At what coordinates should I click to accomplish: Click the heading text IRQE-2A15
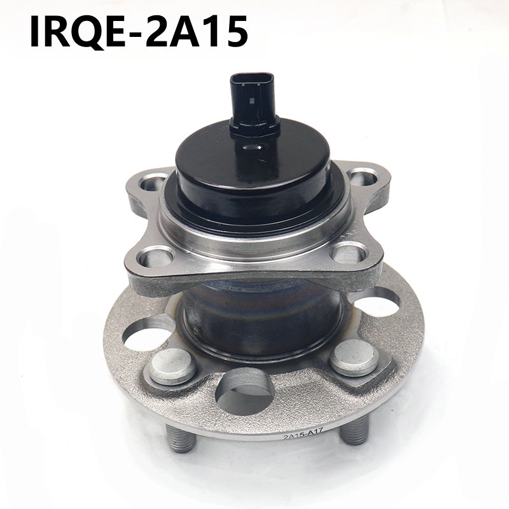(x=139, y=31)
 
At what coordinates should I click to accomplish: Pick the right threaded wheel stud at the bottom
(x=355, y=429)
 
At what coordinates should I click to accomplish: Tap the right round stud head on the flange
(x=354, y=358)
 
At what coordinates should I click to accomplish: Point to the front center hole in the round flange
(x=244, y=391)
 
